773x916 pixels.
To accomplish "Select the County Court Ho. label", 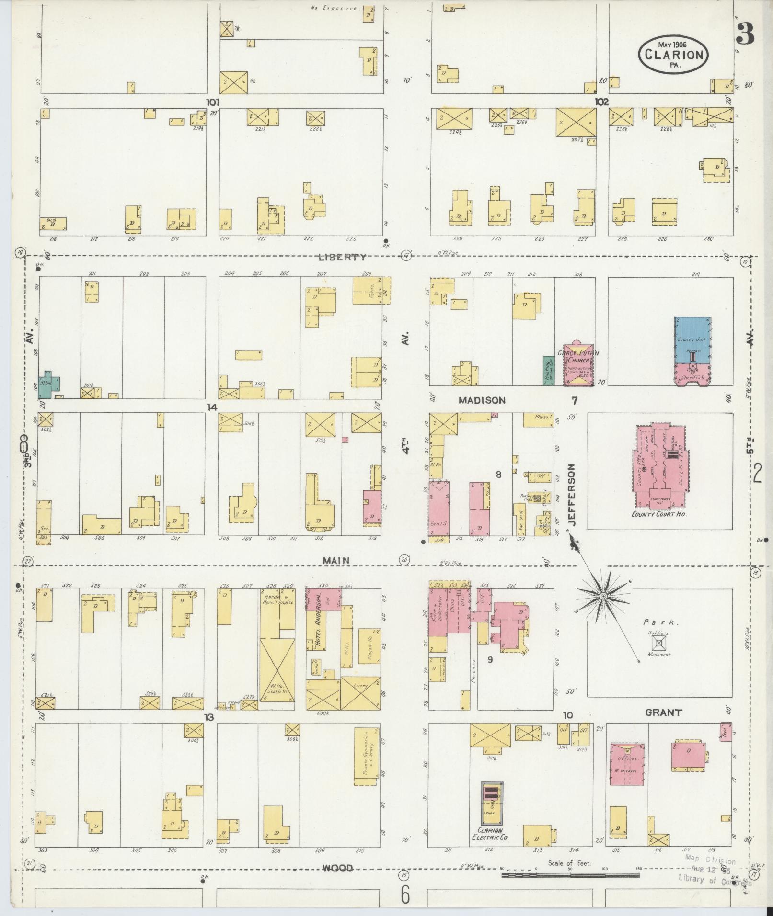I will (659, 514).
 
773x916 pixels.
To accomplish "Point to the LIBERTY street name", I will (342, 257).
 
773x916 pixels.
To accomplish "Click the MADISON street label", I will (482, 400).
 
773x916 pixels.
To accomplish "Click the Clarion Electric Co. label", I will (492, 834).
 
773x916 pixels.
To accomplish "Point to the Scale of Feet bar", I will (570, 876).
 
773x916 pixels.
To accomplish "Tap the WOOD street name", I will (337, 868).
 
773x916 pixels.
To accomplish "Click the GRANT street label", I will (663, 712).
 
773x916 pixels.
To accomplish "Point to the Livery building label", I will (360, 686).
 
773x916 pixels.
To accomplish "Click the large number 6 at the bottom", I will (405, 894).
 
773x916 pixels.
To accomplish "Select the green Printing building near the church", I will (547, 371).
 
